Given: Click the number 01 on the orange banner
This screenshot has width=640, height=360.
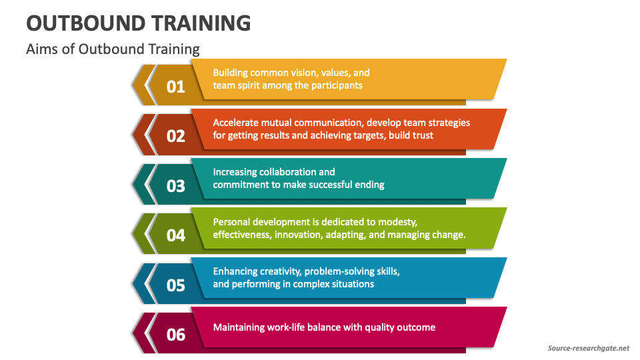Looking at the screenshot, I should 175,86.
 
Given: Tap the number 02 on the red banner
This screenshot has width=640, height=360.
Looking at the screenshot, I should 175,136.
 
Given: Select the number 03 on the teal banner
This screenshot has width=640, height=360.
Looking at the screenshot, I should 175,185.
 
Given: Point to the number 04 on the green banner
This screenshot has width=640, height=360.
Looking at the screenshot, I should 175,235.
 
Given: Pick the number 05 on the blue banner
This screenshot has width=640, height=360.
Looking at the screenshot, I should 175,285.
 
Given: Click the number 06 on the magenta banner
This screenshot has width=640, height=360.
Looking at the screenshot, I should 175,334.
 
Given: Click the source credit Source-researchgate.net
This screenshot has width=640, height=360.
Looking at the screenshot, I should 588,348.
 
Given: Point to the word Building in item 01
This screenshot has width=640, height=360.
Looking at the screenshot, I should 230,73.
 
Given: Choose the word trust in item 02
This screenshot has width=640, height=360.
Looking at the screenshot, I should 421,135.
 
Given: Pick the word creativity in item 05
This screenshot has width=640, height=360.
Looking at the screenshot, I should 285,271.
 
